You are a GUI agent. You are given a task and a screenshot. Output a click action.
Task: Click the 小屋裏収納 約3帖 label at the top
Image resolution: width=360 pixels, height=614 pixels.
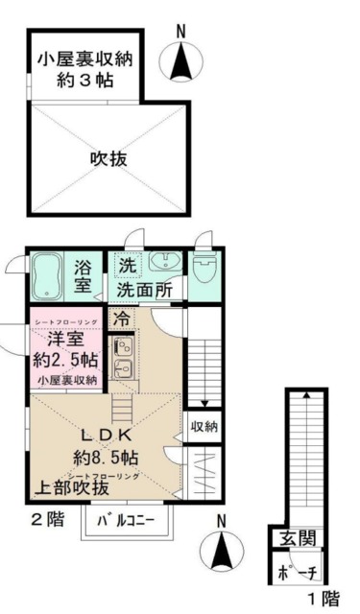(84, 69)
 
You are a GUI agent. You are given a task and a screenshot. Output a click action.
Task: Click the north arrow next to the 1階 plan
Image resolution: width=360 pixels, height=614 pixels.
(222, 549)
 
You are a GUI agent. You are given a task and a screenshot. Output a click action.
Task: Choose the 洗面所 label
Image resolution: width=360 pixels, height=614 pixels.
(144, 288)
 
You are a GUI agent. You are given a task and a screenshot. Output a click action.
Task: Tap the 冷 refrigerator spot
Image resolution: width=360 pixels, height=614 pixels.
(122, 318)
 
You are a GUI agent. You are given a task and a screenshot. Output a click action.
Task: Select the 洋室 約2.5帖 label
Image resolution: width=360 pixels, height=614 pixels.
(65, 350)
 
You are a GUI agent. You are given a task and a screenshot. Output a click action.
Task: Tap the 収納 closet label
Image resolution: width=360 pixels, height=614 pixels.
(204, 426)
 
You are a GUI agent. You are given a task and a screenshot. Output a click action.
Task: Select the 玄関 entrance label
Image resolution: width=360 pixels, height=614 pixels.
(298, 538)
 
